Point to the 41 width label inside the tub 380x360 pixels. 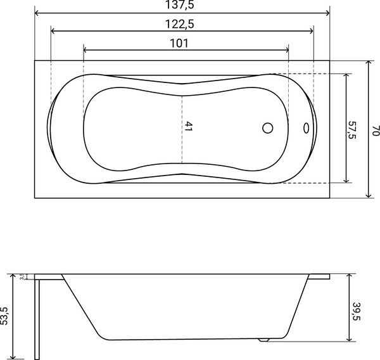[x=189, y=127]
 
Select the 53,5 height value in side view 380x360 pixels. [x=5, y=315]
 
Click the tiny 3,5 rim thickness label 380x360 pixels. [x=22, y=276]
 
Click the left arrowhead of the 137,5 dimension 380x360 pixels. [x=36, y=14]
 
